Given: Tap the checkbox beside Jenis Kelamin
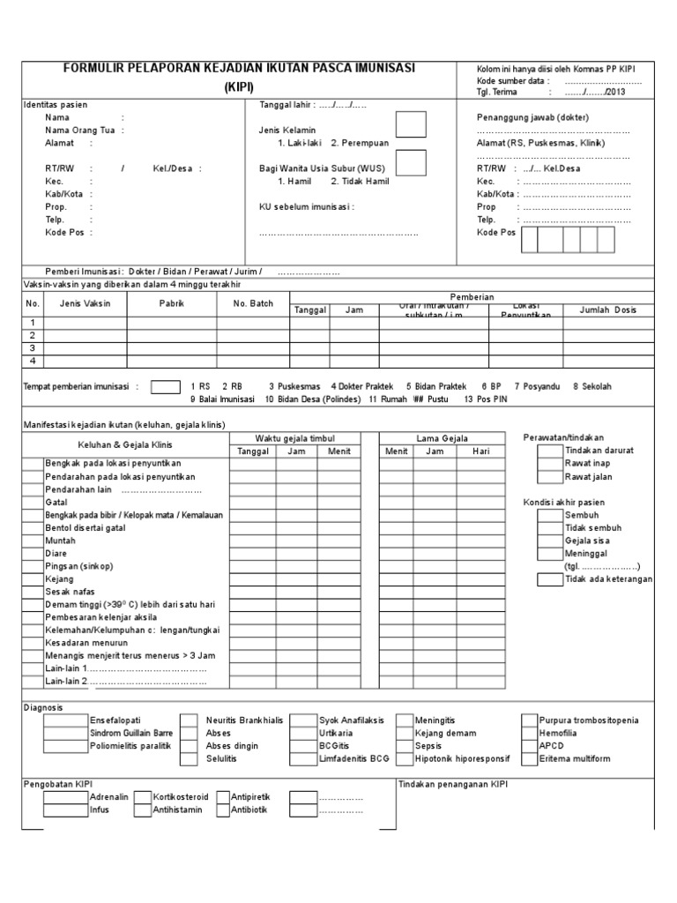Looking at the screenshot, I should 411,124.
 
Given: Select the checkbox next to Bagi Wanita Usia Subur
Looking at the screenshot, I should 411,163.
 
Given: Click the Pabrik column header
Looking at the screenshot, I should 172,303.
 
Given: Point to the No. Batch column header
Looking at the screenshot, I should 252,303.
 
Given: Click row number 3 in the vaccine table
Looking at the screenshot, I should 33,347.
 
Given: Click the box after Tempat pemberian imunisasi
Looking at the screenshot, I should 165,386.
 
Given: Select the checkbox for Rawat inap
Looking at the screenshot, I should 549,463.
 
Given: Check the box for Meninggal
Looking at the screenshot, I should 549,553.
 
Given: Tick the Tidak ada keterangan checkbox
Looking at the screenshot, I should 549,579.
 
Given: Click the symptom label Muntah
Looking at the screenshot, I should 61,540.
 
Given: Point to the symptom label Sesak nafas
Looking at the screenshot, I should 70,591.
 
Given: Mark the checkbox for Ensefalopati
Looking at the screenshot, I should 64,720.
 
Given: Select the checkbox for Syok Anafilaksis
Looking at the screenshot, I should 303,720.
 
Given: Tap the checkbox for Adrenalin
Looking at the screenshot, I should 64,796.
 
